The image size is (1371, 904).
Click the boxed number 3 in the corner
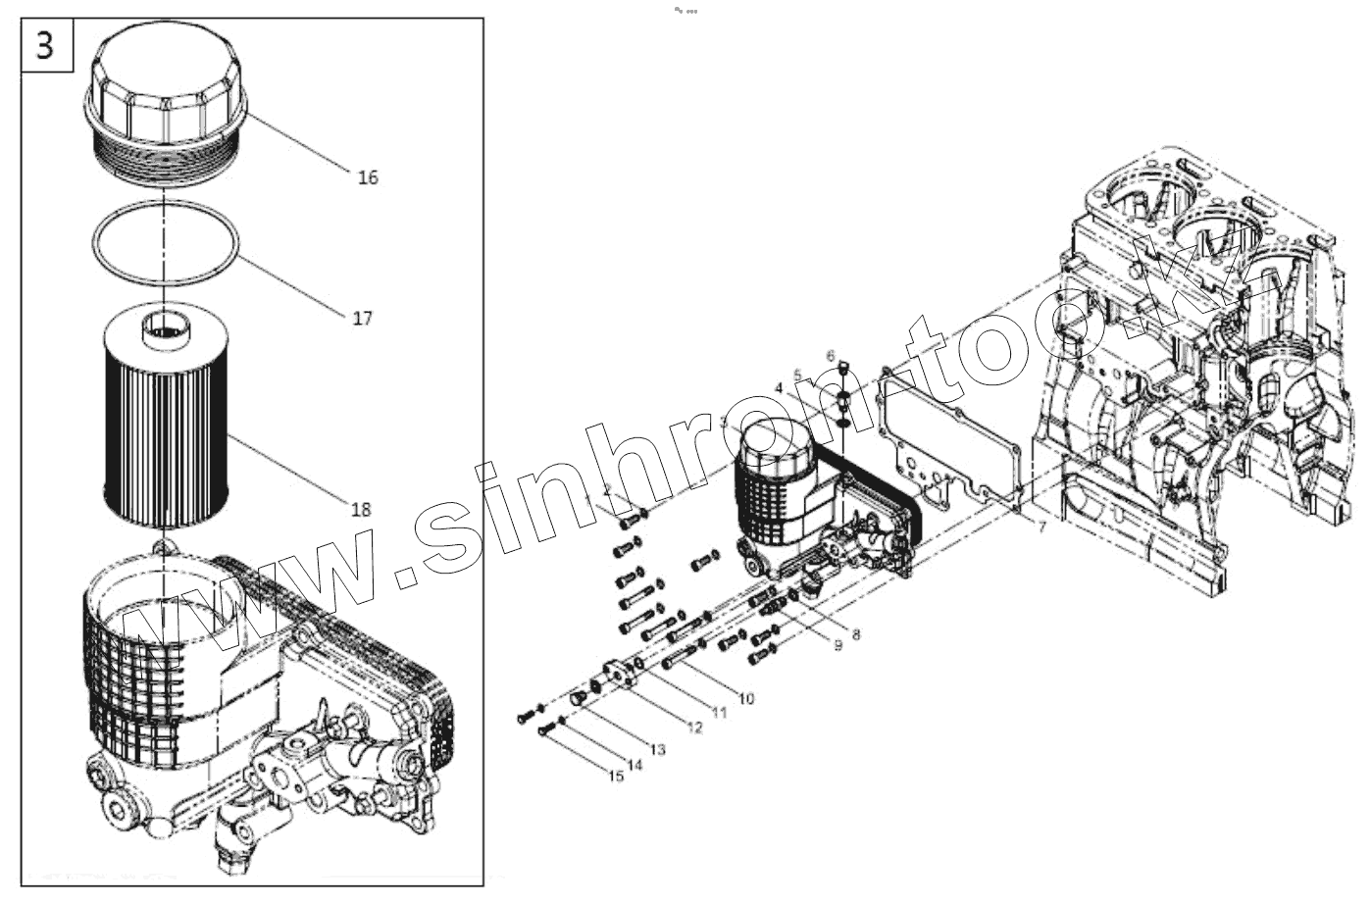[x=46, y=46]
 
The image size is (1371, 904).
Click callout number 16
[x=368, y=177]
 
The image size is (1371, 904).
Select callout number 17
[x=363, y=319]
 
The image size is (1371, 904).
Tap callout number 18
[x=361, y=509]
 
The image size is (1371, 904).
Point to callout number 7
[x=1041, y=528]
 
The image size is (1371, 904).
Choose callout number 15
[x=615, y=777]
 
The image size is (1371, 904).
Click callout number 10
[x=746, y=698]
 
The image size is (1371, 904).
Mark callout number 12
[x=694, y=728]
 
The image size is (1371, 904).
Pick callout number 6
[x=830, y=354]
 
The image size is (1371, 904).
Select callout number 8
[x=856, y=634]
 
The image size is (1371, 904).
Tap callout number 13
[x=657, y=749]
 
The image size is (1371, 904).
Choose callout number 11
[x=720, y=713]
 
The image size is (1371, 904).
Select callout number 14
[x=635, y=765]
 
